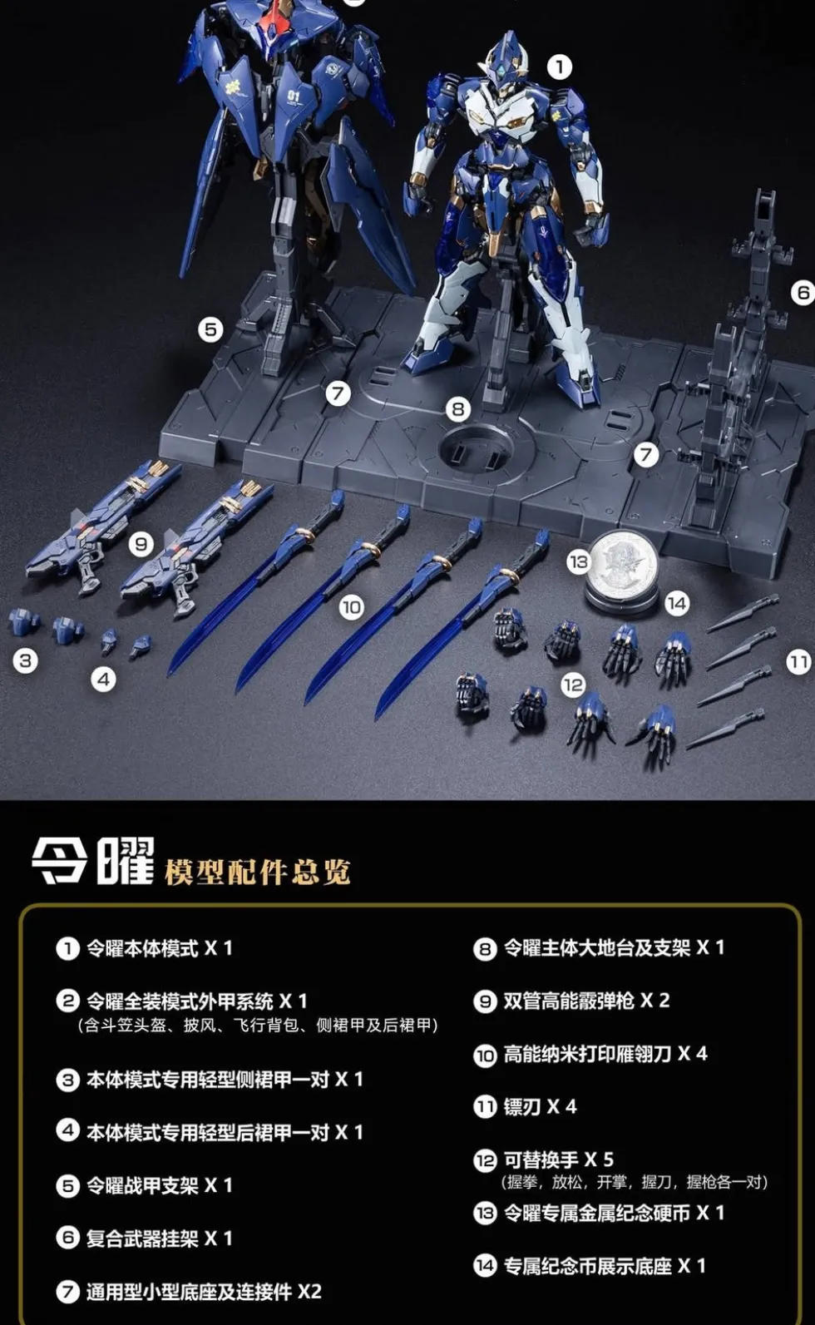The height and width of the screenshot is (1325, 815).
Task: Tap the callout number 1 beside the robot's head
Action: pyautogui.click(x=559, y=67)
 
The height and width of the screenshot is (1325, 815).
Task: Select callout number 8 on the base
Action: pyautogui.click(x=457, y=408)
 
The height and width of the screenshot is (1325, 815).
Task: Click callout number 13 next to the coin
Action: pyautogui.click(x=579, y=561)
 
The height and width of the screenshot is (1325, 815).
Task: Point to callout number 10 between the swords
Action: pyautogui.click(x=351, y=607)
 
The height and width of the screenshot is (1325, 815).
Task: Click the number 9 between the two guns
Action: pyautogui.click(x=141, y=544)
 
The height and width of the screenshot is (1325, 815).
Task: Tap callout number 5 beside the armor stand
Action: pyautogui.click(x=210, y=329)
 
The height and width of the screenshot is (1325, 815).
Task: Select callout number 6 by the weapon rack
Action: pyautogui.click(x=803, y=292)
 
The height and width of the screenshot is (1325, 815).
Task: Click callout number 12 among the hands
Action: pyautogui.click(x=572, y=685)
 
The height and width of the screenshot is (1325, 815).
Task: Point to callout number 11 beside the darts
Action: pyautogui.click(x=798, y=662)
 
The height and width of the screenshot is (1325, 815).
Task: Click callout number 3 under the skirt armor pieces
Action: pyautogui.click(x=26, y=660)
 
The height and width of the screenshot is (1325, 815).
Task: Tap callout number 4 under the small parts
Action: pyautogui.click(x=103, y=679)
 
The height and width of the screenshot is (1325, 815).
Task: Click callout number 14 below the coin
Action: pyautogui.click(x=677, y=603)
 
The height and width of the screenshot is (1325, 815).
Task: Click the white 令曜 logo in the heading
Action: pyautogui.click(x=93, y=861)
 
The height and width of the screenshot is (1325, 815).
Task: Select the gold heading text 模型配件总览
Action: pyautogui.click(x=257, y=873)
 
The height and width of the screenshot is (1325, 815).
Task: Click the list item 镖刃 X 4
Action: pyautogui.click(x=540, y=1106)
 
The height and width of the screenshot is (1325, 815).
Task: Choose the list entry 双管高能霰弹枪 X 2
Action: pyautogui.click(x=586, y=1001)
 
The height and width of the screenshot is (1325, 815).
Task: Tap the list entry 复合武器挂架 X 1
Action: pyautogui.click(x=159, y=1238)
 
